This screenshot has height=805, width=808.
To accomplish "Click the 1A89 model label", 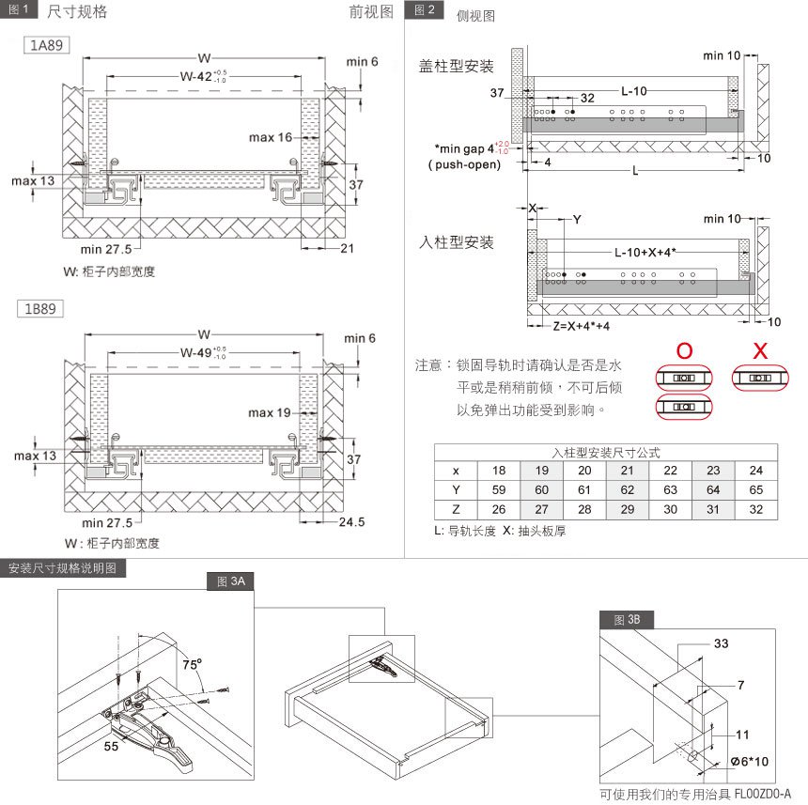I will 45,44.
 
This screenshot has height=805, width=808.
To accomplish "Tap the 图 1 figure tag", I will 19,10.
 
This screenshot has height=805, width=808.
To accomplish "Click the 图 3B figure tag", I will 627,620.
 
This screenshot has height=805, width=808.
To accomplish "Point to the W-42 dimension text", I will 203,77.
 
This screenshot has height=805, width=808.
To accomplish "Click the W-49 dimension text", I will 203,353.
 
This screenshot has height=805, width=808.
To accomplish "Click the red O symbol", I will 685,351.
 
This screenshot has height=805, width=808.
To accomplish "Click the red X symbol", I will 761,351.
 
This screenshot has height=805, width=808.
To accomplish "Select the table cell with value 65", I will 755,489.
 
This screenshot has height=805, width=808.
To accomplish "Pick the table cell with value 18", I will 499,471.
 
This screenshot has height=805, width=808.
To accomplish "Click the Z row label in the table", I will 456,509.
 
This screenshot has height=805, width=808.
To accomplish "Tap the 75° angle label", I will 193,663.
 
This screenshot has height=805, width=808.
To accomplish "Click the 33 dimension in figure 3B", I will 721,643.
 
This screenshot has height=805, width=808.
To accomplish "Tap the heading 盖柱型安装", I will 456,67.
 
